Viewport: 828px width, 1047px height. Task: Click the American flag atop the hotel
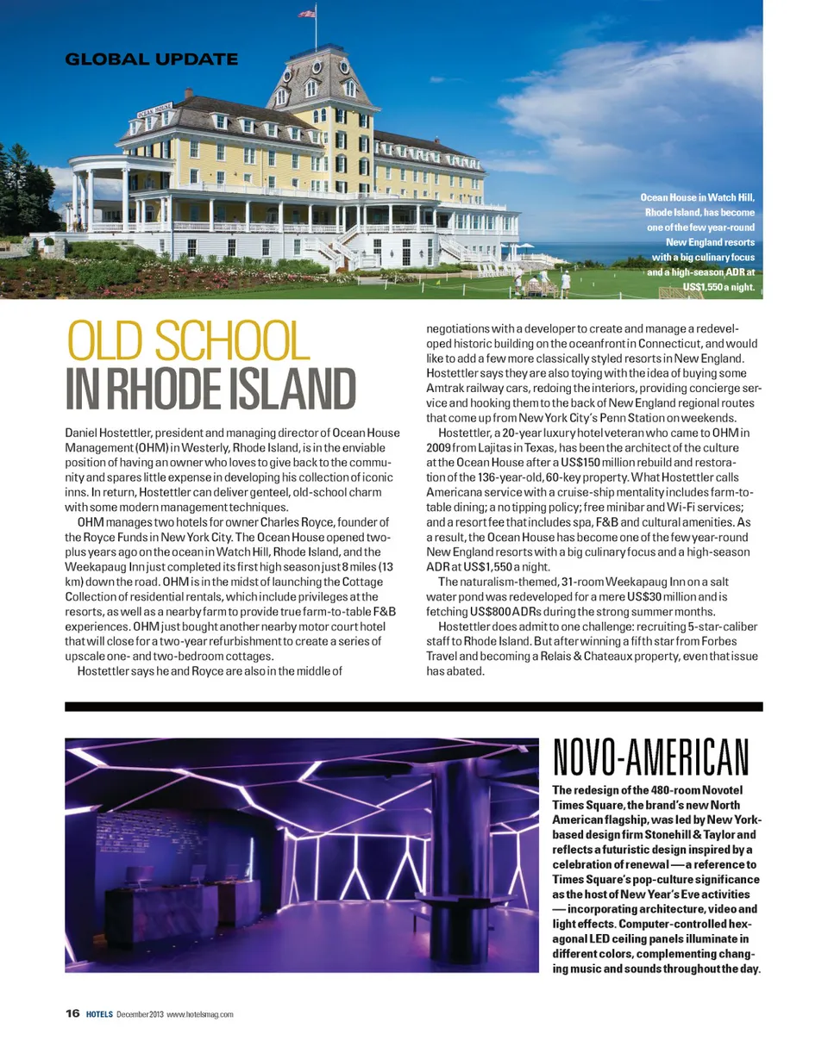306,14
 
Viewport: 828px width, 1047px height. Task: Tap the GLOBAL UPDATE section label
151,59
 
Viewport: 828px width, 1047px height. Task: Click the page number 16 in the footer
72,1013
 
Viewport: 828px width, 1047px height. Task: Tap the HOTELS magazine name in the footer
98,1014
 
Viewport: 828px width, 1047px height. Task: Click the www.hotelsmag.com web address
200,1014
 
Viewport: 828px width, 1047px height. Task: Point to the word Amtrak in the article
447,390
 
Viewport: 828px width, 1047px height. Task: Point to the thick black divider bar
414,706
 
